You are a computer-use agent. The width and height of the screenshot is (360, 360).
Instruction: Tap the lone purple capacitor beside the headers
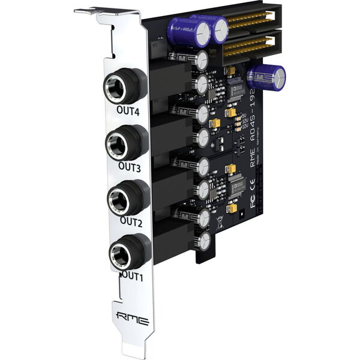[266, 77]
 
